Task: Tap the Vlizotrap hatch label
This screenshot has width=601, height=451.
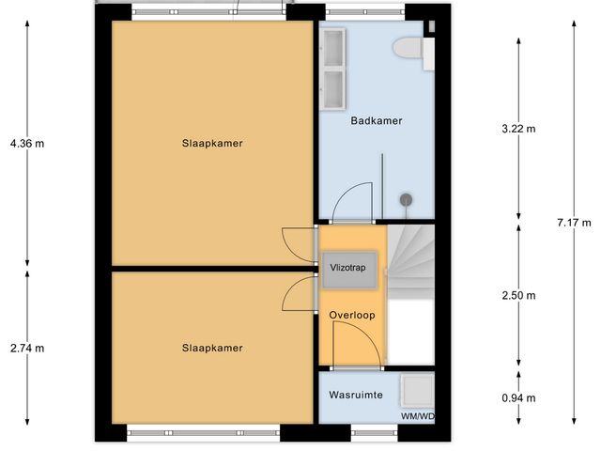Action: [x=349, y=267]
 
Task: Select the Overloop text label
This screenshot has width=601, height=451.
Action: [x=352, y=316]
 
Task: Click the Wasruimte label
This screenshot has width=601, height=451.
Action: [x=355, y=396]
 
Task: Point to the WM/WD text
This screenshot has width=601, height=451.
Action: [x=418, y=416]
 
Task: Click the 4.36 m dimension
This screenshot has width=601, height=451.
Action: [x=26, y=144]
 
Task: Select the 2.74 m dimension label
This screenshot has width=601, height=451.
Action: [x=26, y=349]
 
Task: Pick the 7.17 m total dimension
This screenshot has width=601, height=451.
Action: [x=573, y=223]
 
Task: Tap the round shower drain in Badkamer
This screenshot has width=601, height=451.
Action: [x=407, y=199]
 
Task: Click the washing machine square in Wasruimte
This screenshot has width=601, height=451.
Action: [x=416, y=390]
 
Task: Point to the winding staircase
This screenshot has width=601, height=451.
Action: [x=412, y=257]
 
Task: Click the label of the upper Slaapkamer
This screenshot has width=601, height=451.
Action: [x=212, y=144]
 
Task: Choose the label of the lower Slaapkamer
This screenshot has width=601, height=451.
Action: [x=212, y=348]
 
